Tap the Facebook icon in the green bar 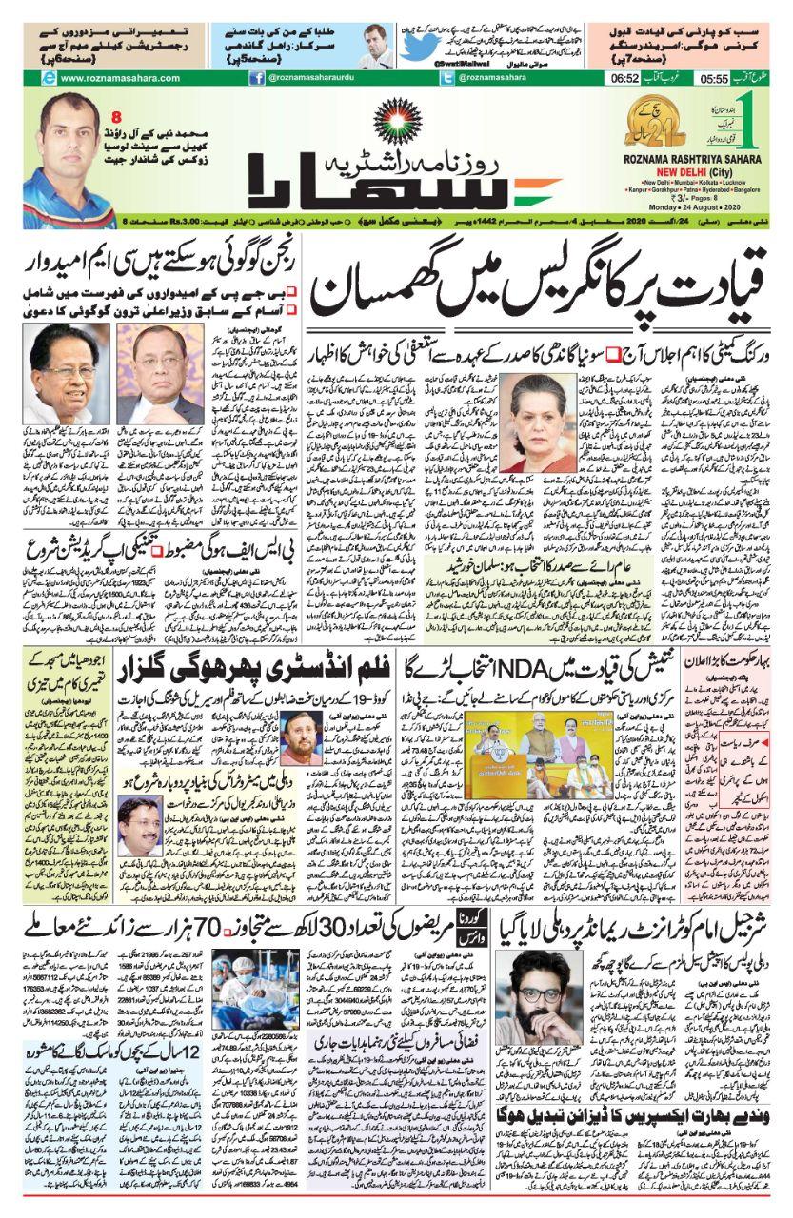coord(257,78)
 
